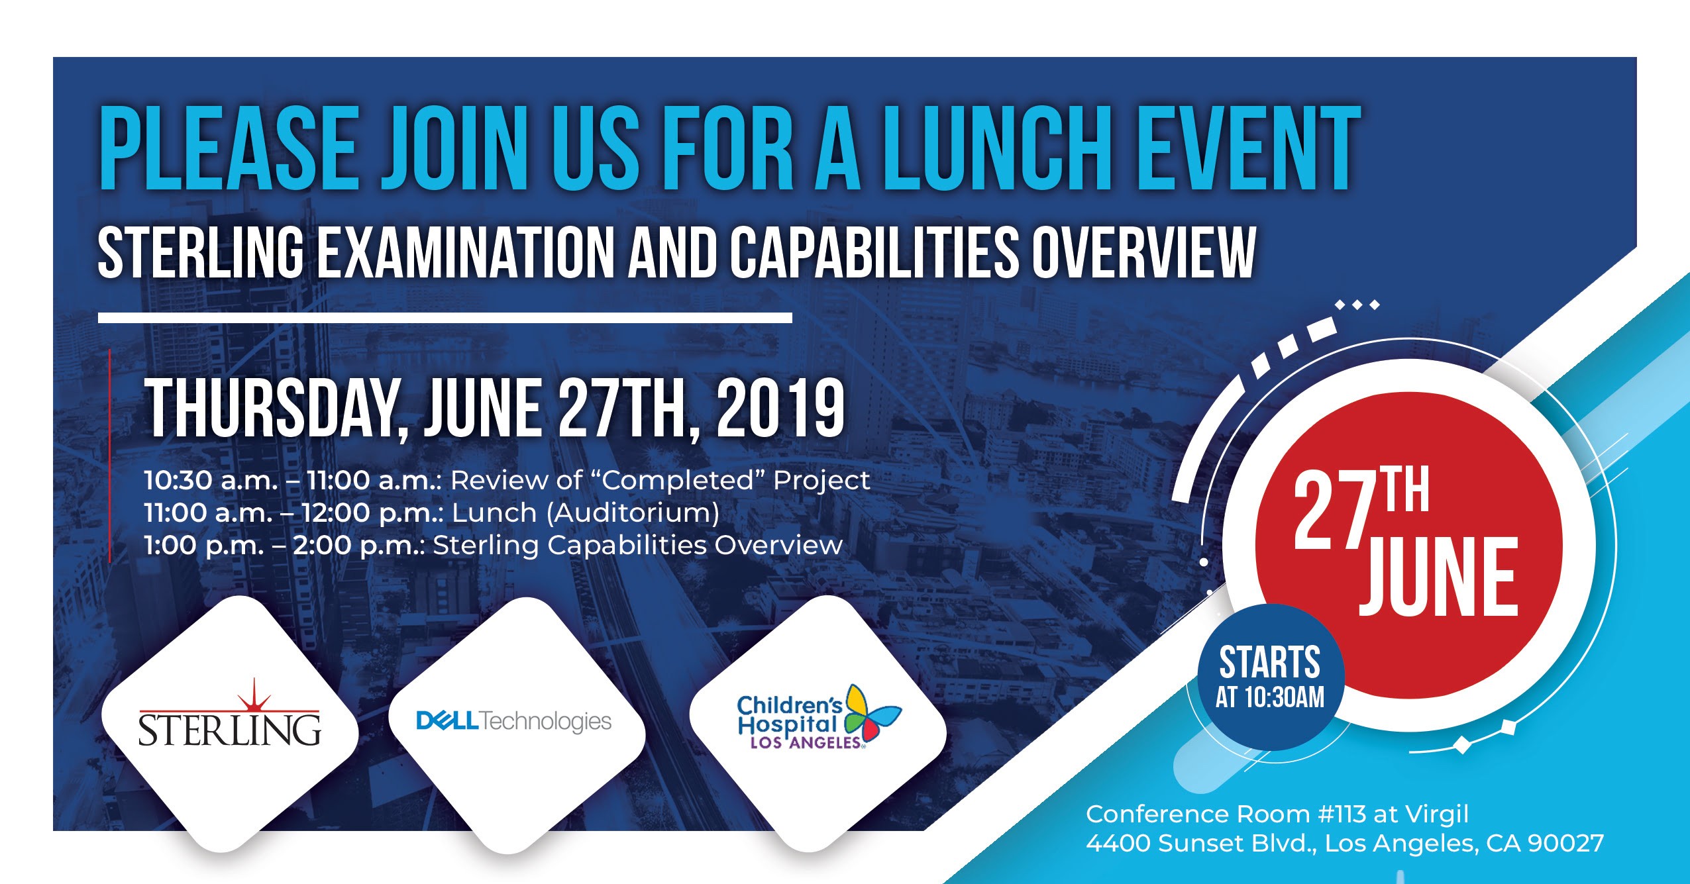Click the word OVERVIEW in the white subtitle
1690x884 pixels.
click(1144, 253)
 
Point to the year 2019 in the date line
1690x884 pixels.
click(780, 410)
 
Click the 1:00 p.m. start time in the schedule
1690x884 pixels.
click(203, 546)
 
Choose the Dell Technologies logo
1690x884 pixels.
click(513, 721)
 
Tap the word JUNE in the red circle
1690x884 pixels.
click(1438, 576)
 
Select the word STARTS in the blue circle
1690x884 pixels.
click(1270, 663)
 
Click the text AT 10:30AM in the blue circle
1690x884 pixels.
click(1270, 698)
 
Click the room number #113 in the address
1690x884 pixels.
click(1342, 814)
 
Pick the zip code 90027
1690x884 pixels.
click(1565, 844)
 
